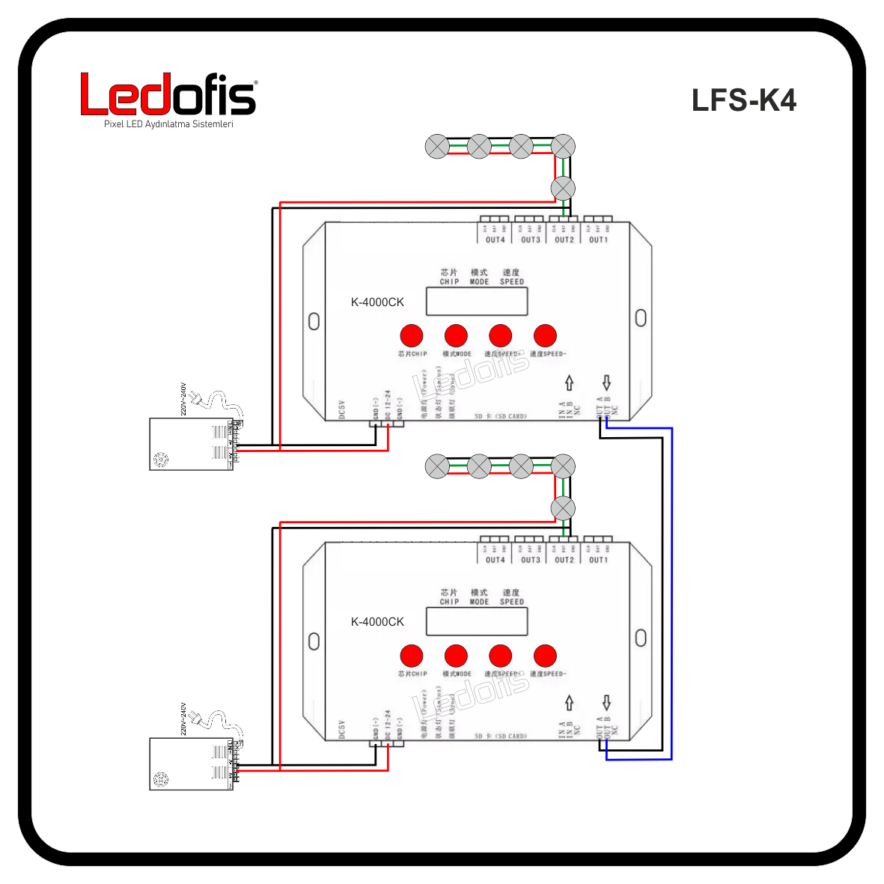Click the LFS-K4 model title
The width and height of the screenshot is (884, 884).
pyautogui.click(x=743, y=100)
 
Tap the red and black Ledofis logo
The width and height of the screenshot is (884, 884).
pyautogui.click(x=168, y=94)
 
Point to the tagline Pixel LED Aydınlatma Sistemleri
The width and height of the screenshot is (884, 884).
pyautogui.click(x=168, y=124)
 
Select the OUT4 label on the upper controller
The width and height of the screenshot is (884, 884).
pyautogui.click(x=495, y=240)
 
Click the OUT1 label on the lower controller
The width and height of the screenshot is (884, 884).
pyautogui.click(x=598, y=560)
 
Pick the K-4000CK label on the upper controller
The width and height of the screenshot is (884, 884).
pyautogui.click(x=377, y=302)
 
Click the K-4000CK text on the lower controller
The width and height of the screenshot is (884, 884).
pyautogui.click(x=377, y=622)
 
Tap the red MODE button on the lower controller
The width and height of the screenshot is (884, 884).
pyautogui.click(x=456, y=656)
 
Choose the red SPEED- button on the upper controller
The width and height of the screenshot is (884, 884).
pyautogui.click(x=545, y=336)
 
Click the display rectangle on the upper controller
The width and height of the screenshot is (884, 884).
pyautogui.click(x=477, y=301)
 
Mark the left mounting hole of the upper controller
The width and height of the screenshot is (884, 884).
pyautogui.click(x=314, y=321)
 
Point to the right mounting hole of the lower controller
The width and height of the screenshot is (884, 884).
pyautogui.click(x=641, y=638)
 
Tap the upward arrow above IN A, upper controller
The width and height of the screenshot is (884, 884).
pyautogui.click(x=569, y=382)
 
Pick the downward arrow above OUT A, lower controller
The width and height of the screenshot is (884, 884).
pyautogui.click(x=606, y=702)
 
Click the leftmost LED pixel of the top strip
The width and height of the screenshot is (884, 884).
pyautogui.click(x=437, y=147)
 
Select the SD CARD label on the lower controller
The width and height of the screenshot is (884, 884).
pyautogui.click(x=500, y=736)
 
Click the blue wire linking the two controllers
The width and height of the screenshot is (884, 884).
pyautogui.click(x=671, y=591)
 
